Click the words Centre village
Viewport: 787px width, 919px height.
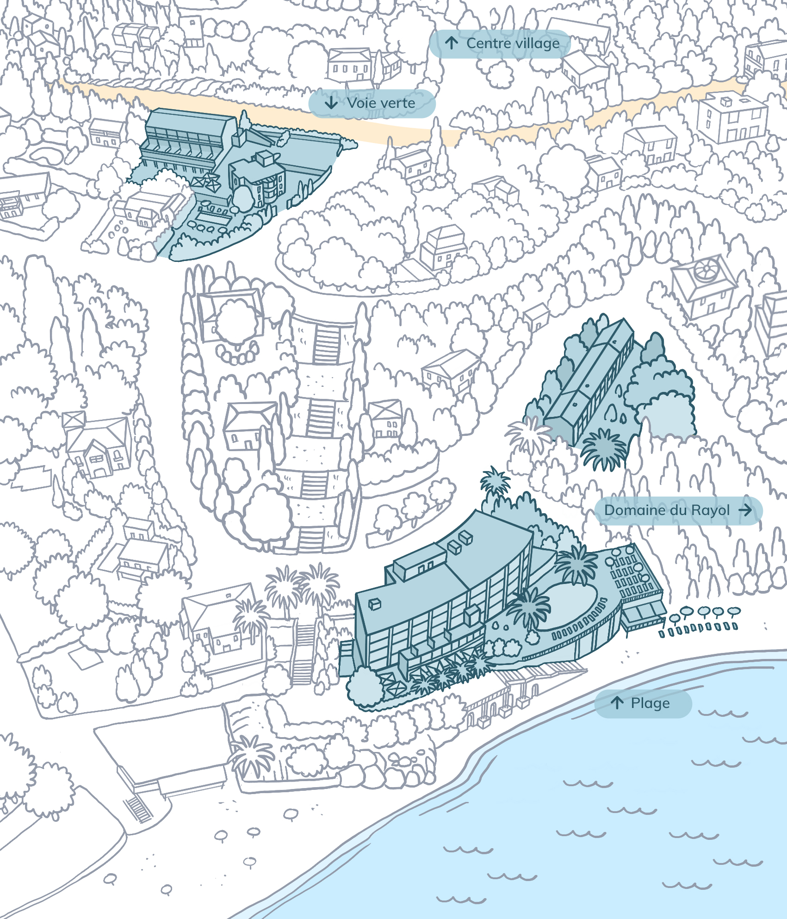pyautogui.click(x=513, y=43)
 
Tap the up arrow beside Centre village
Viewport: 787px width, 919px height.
pyautogui.click(x=452, y=43)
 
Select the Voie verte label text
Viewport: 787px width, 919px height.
pyautogui.click(x=381, y=103)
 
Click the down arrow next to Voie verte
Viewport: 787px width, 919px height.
pyautogui.click(x=331, y=103)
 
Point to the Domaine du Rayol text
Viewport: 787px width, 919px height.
pyautogui.click(x=667, y=510)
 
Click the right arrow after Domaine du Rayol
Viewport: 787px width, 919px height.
pyautogui.click(x=745, y=510)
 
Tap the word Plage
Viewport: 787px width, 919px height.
pyautogui.click(x=650, y=703)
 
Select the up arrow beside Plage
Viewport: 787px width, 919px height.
pyautogui.click(x=617, y=703)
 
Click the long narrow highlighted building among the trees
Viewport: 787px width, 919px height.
pyautogui.click(x=590, y=379)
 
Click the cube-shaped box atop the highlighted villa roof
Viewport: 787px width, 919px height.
pyautogui.click(x=265, y=158)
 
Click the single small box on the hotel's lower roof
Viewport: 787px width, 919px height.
pyautogui.click(x=374, y=603)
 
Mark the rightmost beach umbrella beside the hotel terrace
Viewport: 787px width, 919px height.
pyautogui.click(x=734, y=612)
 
